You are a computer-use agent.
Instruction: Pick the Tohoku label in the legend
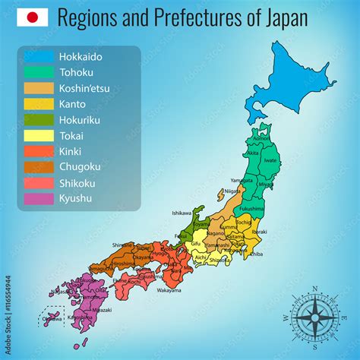(77, 72)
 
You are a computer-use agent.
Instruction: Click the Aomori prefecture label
(260, 137)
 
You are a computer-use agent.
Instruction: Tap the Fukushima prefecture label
(251, 207)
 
